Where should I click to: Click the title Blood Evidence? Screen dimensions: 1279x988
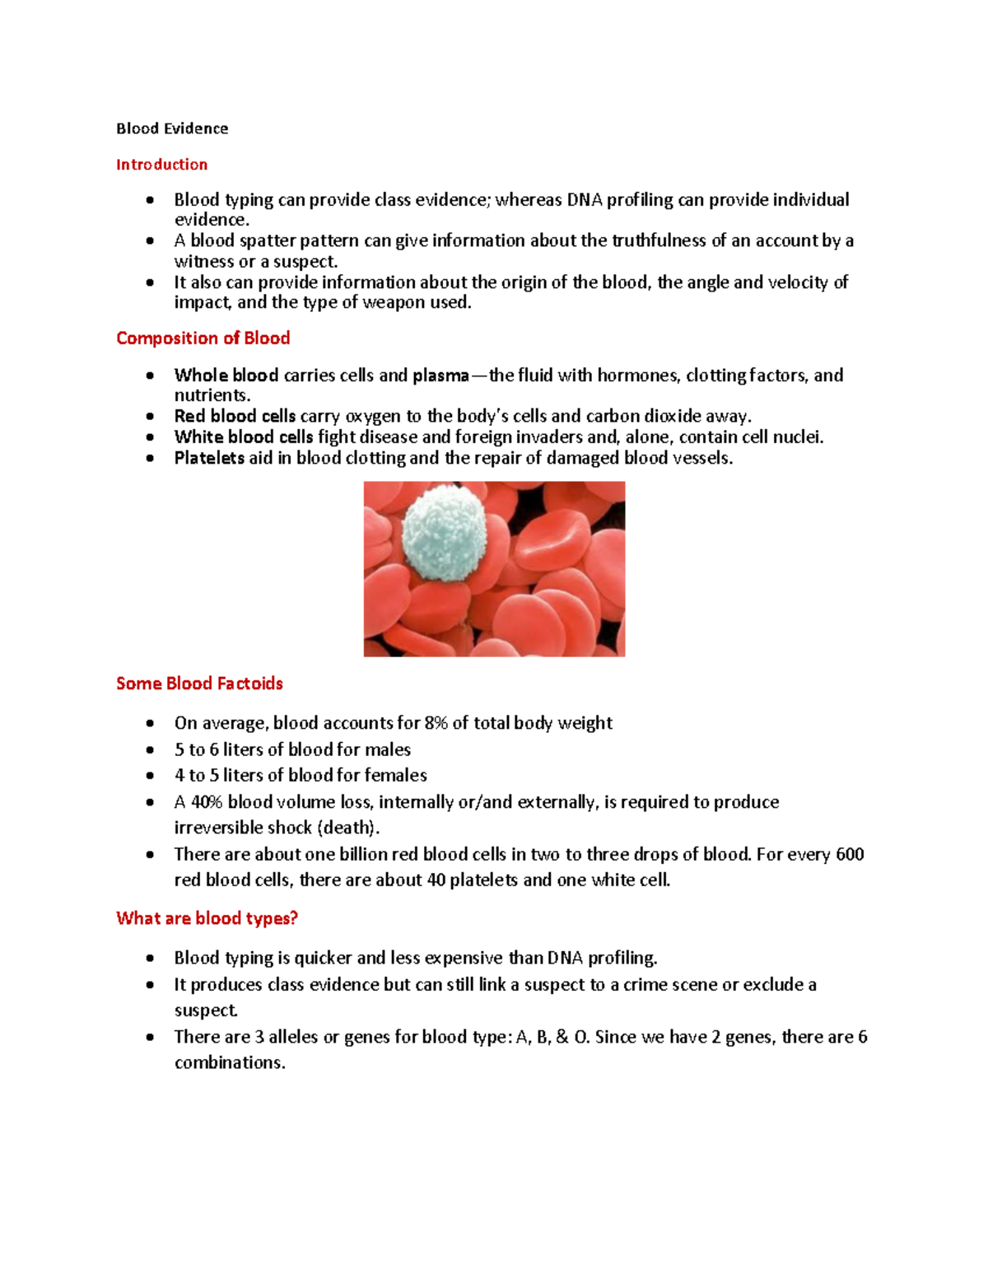(x=172, y=128)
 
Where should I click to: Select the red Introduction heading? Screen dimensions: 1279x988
(x=161, y=165)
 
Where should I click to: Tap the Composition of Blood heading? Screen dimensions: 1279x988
(x=203, y=338)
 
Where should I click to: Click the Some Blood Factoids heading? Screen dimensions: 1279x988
(x=199, y=684)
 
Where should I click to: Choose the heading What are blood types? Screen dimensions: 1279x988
(x=207, y=918)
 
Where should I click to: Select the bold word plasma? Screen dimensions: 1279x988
(x=440, y=376)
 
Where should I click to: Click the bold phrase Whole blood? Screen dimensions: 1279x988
(x=226, y=376)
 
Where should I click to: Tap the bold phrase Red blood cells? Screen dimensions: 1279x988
(x=235, y=416)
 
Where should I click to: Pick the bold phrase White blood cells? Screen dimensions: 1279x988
(x=243, y=437)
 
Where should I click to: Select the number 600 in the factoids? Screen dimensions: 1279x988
(x=849, y=854)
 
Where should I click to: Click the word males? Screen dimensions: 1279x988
(x=388, y=749)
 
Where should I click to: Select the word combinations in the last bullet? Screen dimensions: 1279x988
(x=230, y=1062)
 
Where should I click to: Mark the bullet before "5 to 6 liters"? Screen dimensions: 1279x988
(x=150, y=750)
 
